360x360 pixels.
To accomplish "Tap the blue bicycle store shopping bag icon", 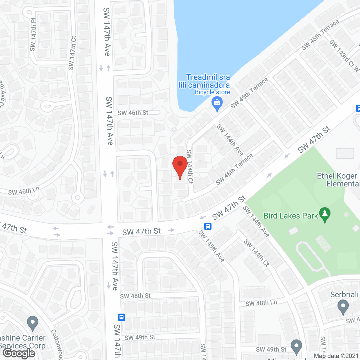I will pos(217,103).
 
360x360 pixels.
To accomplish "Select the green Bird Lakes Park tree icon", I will pos(325,214).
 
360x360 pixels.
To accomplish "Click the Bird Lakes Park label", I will pos(291,216).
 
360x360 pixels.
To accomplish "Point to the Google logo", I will pos(19,353).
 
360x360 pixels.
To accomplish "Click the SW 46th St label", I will pos(133,113).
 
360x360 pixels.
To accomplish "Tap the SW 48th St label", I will pos(135,296).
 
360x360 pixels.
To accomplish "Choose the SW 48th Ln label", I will pos(261,303).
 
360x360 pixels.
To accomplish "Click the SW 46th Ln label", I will pos(24,191).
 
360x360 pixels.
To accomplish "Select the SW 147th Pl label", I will pos(33,35).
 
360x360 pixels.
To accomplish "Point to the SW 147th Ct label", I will pos(72,53).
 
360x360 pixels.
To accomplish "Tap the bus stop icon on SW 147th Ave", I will pos(121,317).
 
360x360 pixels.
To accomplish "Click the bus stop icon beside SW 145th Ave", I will pos(208,226).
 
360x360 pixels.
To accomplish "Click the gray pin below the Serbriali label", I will pos(343,307).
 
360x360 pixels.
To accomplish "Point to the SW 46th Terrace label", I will pos(234,169).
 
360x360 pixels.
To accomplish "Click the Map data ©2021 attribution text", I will pos(336,356).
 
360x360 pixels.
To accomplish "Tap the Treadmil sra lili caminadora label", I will pos(204,81).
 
